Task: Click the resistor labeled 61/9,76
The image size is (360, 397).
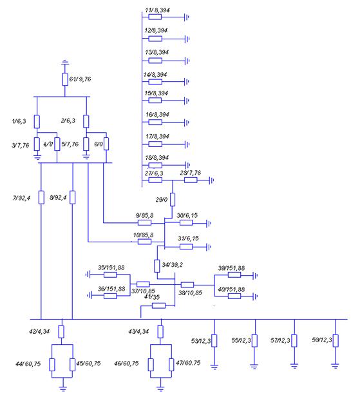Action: [65, 79]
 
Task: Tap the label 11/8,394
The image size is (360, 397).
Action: [157, 10]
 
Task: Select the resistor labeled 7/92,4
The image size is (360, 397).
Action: [41, 197]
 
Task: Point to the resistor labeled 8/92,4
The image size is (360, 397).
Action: [72, 197]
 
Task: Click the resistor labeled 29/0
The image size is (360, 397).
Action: [173, 200]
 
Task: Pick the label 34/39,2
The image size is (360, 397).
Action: [173, 265]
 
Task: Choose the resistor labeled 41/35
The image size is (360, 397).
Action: [158, 305]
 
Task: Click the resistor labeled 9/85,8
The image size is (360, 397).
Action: [144, 223]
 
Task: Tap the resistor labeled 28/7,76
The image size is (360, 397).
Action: [191, 180]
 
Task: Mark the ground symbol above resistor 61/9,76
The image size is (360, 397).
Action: [65, 62]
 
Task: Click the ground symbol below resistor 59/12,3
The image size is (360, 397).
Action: [336, 365]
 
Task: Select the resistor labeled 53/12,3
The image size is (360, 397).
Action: [214, 340]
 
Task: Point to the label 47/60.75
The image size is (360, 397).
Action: [188, 363]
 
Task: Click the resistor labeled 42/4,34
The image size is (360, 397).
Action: [61, 332]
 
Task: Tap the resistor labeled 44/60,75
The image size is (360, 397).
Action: [52, 365]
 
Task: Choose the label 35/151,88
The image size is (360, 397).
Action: [111, 267]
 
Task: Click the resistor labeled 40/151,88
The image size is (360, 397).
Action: [234, 296]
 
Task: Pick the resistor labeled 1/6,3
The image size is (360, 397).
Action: [37, 122]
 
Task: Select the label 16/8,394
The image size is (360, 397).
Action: [157, 115]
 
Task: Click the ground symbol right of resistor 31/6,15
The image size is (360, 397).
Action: [209, 247]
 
